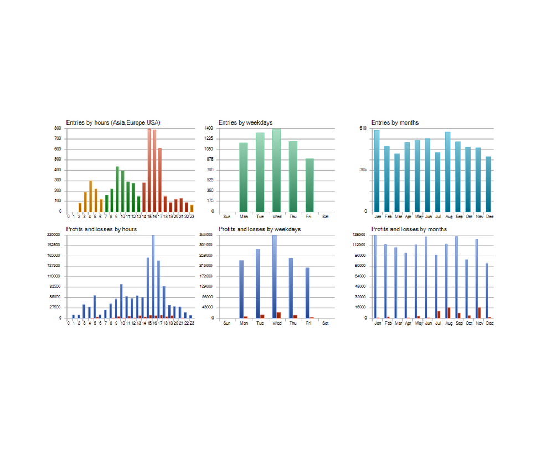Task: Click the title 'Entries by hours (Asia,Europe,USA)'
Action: click(113, 122)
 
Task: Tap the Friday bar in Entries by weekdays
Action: click(309, 185)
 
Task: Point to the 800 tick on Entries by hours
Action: click(57, 128)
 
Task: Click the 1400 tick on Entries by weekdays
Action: click(209, 128)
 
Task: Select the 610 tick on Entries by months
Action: click(363, 128)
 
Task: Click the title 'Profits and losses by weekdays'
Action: click(260, 229)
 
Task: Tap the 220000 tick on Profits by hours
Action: click(54, 235)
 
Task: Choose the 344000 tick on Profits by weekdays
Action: click(207, 235)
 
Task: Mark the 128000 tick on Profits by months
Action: click(360, 235)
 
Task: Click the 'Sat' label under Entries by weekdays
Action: click(326, 217)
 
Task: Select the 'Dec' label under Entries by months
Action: click(489, 217)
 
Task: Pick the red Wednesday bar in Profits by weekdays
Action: click(278, 315)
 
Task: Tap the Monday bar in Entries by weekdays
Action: click(243, 177)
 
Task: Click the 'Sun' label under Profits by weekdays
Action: click(226, 323)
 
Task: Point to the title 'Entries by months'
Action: click(395, 122)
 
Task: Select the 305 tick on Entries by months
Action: click(363, 170)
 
